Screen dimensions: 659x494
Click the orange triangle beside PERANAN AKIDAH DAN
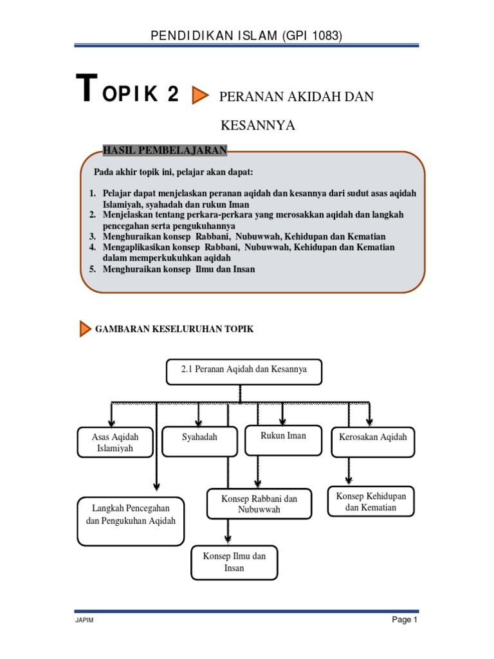pyautogui.click(x=201, y=96)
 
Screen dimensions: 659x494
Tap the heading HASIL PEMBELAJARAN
pyautogui.click(x=165, y=151)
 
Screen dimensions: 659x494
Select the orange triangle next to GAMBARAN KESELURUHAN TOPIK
pyautogui.click(x=85, y=329)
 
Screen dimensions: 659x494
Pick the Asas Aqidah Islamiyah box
pyautogui.click(x=115, y=442)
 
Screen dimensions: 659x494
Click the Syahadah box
pyautogui.click(x=199, y=441)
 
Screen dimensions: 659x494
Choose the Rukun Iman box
pyautogui.click(x=283, y=440)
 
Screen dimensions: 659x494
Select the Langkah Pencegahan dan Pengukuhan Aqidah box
pyautogui.click(x=131, y=520)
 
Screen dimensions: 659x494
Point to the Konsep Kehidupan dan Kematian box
pyautogui.click(x=370, y=501)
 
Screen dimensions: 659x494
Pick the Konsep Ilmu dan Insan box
pyautogui.click(x=234, y=562)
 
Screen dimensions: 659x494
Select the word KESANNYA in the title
pyautogui.click(x=257, y=125)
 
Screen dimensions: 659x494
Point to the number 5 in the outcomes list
pyautogui.click(x=93, y=269)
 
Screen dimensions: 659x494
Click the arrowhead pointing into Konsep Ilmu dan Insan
pyautogui.click(x=228, y=539)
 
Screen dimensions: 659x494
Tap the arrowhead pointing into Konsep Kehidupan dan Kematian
pyautogui.click(x=349, y=479)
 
